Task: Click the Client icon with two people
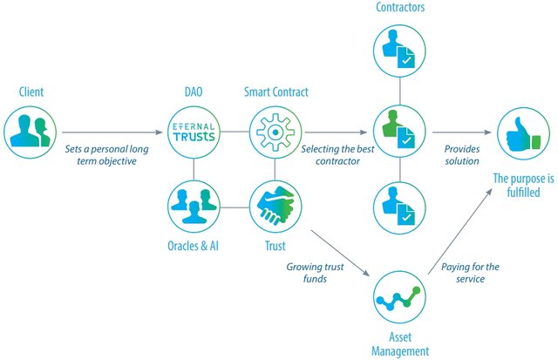point(30,132)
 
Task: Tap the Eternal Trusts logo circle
point(194,132)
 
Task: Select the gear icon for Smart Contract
point(276,132)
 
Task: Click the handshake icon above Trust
point(276,207)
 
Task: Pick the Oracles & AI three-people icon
point(194,207)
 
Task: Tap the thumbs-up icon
point(523,133)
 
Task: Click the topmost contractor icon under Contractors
point(399,51)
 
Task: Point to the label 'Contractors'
point(400,8)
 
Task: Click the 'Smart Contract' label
point(276,92)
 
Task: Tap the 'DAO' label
point(194,92)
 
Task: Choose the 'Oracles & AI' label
point(194,246)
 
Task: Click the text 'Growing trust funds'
point(315,273)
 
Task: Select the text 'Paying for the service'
point(470,273)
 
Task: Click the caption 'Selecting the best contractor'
point(337,155)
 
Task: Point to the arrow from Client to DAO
point(112,132)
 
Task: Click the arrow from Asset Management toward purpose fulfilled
point(460,231)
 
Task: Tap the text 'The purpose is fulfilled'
point(523,185)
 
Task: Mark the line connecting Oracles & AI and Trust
point(235,207)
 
